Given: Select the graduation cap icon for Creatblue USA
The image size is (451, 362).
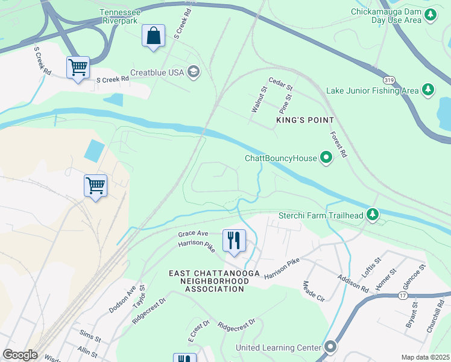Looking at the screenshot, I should (x=194, y=72).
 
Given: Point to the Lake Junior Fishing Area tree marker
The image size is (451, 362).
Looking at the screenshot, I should (x=427, y=91).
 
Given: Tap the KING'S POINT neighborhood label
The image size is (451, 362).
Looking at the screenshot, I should (x=304, y=121).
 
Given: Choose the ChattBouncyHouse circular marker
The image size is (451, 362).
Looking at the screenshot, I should (x=326, y=159).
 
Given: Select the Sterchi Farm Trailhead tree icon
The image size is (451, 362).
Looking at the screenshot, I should (x=373, y=215).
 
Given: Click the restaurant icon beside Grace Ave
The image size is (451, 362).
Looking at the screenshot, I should (x=233, y=240).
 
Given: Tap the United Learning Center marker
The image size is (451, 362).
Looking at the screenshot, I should (x=330, y=348).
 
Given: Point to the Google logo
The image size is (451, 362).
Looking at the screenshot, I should (x=20, y=355).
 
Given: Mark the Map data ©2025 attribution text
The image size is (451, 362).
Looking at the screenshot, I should (x=425, y=357).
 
